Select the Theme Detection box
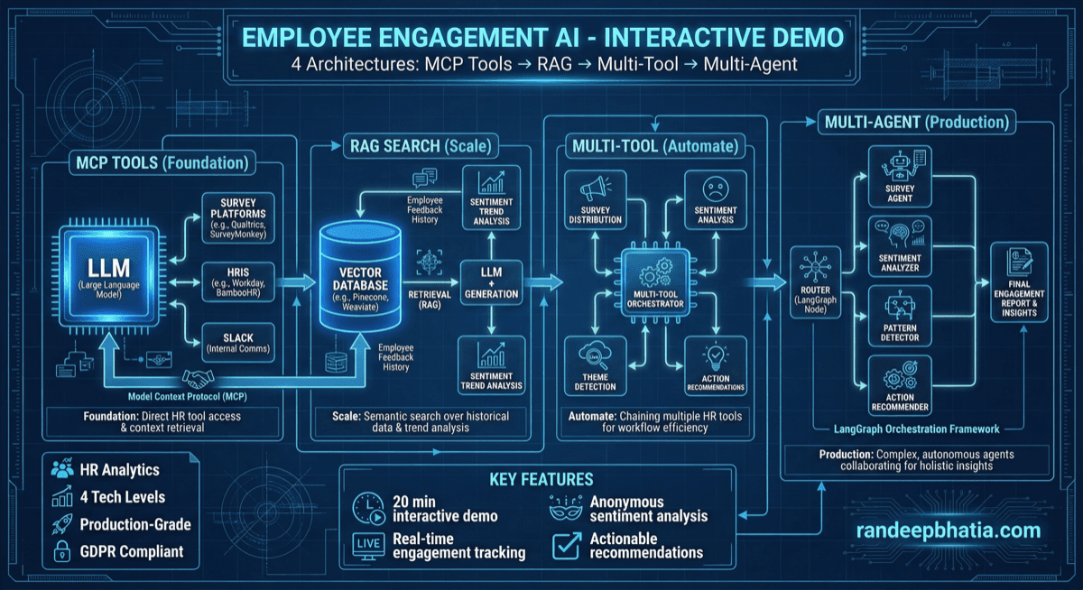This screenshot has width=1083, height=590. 595,365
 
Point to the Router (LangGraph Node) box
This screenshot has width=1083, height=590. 815,282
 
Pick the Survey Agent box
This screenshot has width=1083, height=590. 899,179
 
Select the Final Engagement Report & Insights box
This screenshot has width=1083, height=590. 1019,281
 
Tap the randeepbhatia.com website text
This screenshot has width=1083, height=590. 947,530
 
